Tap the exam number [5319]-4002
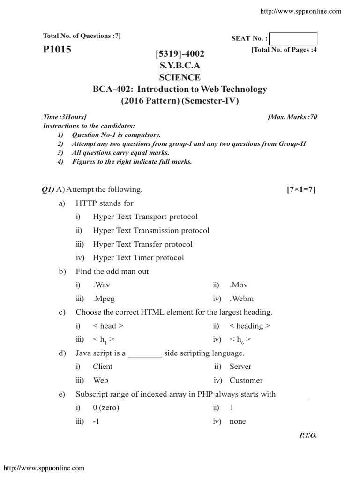tap(180, 55)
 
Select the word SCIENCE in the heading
tap(180, 77)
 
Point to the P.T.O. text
tap(308, 435)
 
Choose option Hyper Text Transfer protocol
tap(142, 244)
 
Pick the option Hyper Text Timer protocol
tap(138, 258)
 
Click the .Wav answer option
tap(102, 285)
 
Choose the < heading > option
tap(249, 326)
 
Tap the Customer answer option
tap(246, 380)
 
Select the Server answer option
tap(240, 367)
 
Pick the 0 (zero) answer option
tap(106, 407)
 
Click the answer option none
tap(238, 421)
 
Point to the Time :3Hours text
tap(65, 117)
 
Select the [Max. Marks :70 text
tap(292, 117)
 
